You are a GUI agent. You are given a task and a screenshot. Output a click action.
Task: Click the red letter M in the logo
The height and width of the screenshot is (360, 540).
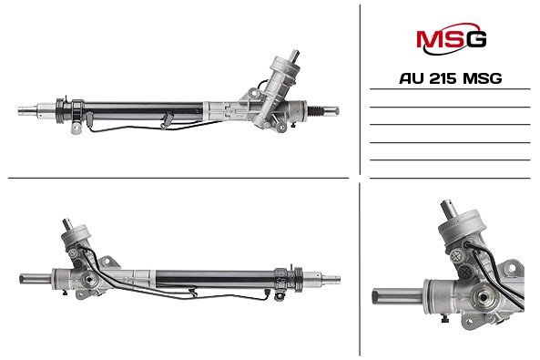428,39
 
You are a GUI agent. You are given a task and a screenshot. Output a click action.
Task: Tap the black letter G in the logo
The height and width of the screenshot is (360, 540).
475,39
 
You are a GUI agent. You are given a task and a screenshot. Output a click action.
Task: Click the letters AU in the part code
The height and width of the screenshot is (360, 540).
413,78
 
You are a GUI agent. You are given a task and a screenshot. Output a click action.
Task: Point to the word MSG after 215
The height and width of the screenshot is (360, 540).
482,78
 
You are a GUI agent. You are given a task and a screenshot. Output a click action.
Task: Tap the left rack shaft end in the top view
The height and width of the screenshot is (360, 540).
27,110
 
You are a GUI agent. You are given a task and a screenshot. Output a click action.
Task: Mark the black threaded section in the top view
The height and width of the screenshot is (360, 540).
316,110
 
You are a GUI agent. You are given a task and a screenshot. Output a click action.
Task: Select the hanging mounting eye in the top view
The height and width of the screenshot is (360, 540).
76,127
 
